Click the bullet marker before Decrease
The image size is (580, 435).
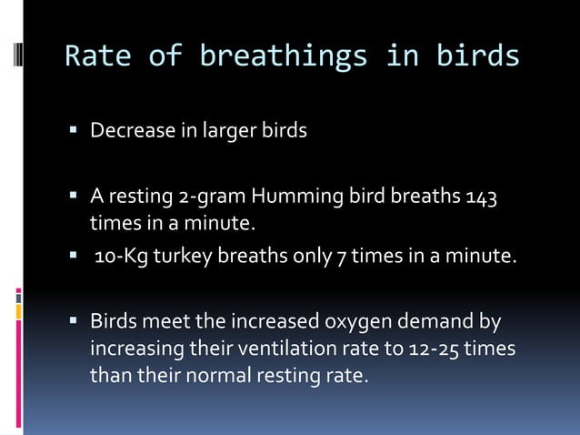coord(74,131)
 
